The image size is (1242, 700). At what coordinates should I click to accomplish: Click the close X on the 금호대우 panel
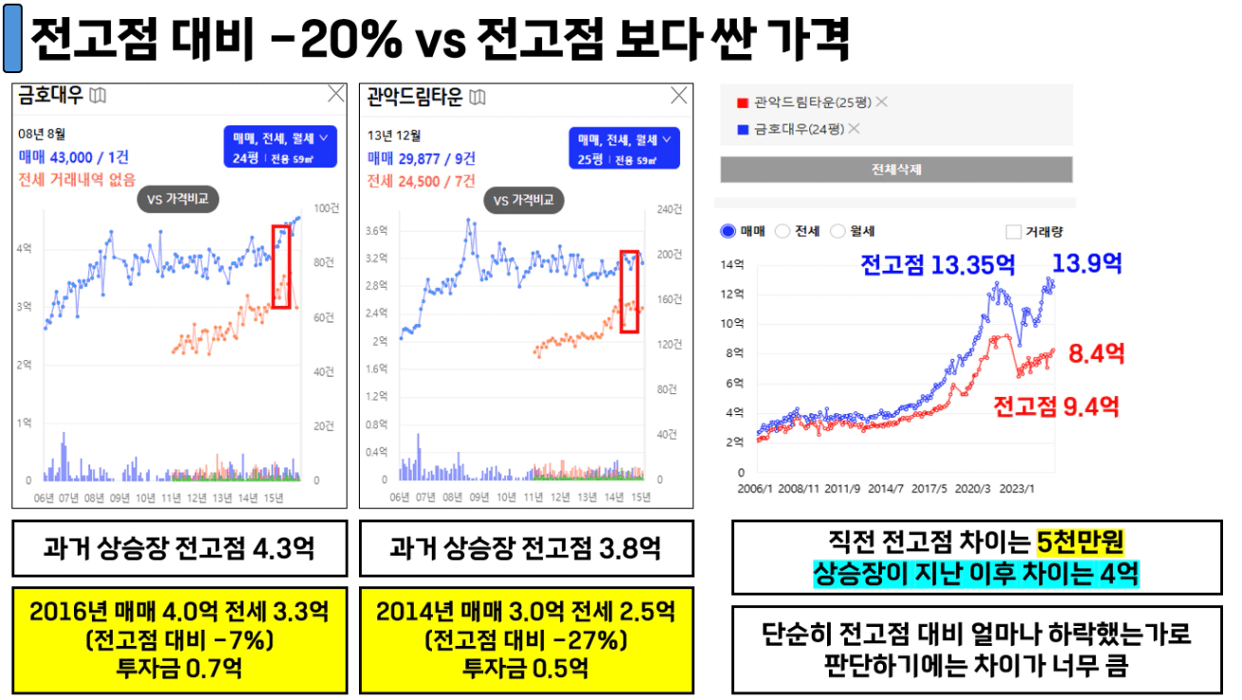[336, 94]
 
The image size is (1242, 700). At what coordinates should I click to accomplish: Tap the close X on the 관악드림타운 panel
[679, 95]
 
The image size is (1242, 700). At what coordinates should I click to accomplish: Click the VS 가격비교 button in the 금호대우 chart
[178, 199]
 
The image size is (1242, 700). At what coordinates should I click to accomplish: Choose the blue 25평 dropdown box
[625, 147]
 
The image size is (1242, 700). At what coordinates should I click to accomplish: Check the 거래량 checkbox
[1013, 231]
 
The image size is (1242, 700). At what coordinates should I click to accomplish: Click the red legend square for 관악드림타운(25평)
[742, 103]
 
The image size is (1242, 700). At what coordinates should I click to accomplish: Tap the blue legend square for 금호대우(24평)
[742, 129]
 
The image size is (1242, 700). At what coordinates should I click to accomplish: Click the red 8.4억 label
[1097, 355]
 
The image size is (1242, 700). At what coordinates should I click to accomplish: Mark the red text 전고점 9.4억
[1056, 407]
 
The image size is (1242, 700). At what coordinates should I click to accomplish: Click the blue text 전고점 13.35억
[937, 264]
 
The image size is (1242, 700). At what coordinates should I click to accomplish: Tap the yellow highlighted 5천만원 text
[1081, 542]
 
